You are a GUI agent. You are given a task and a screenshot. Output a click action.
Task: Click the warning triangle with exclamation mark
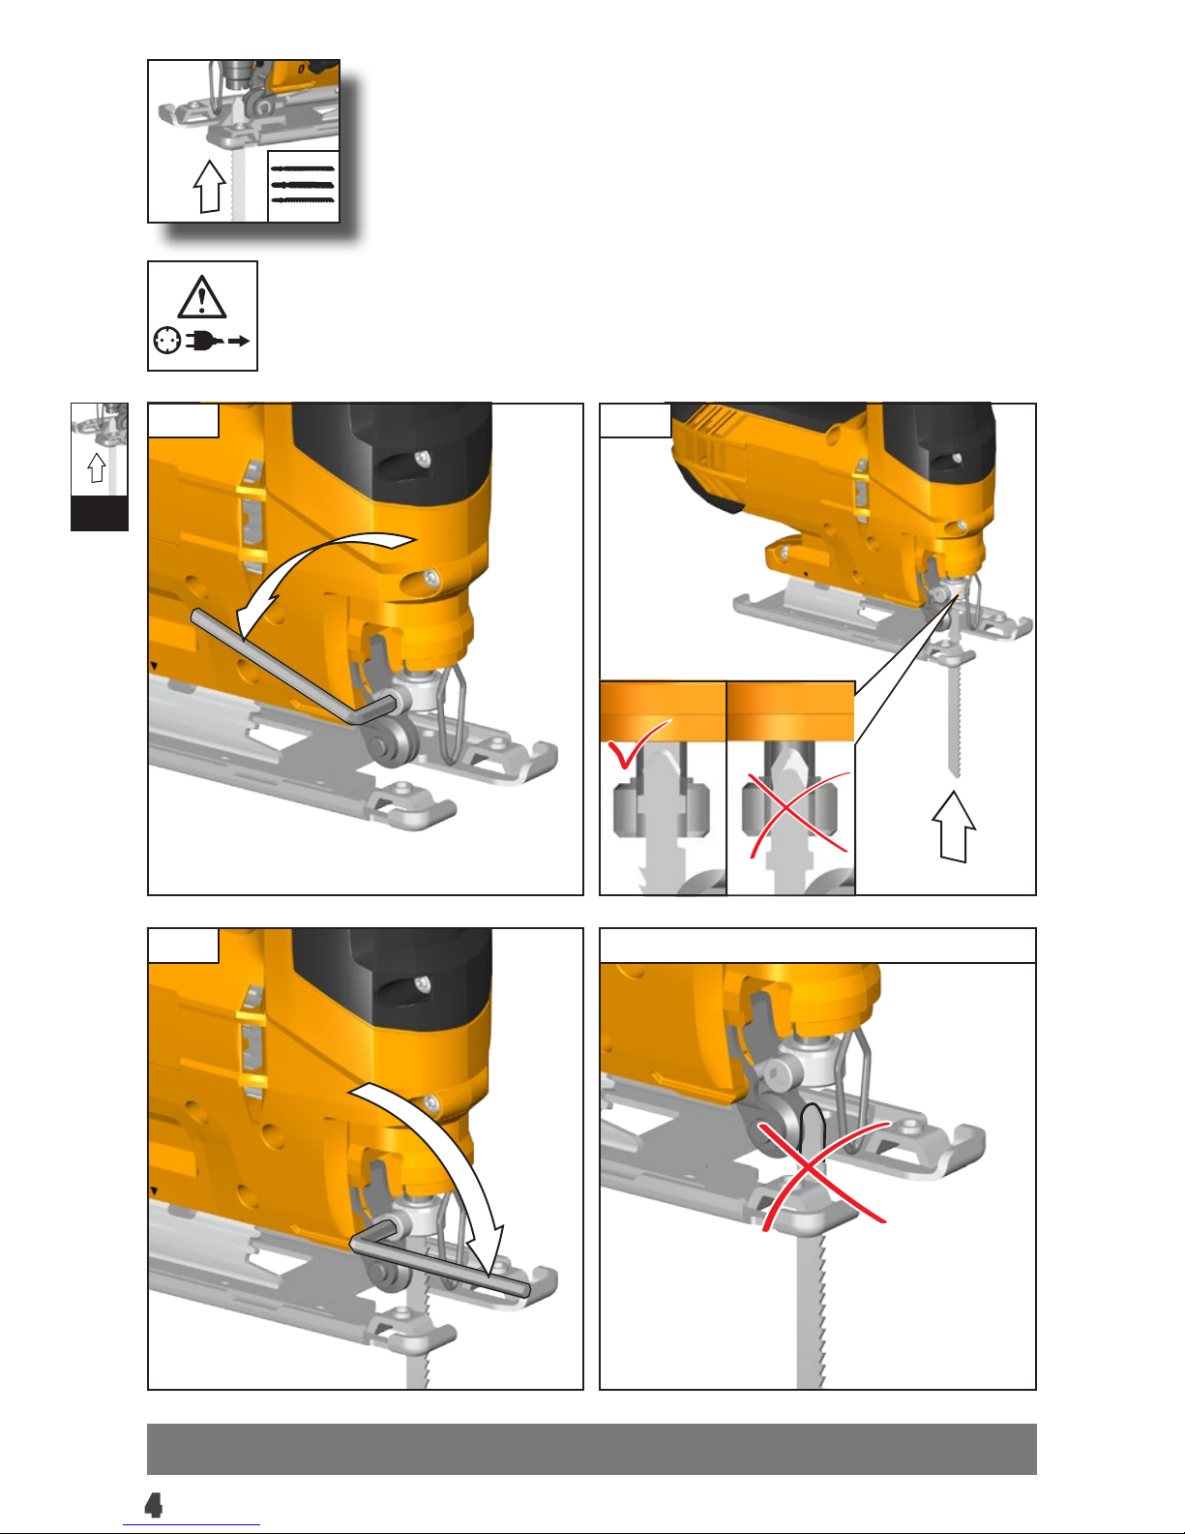202,297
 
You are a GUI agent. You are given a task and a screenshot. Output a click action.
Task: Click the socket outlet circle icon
167,341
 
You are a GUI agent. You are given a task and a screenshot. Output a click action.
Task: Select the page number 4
153,1505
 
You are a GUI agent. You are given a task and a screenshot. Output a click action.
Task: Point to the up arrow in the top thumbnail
210,186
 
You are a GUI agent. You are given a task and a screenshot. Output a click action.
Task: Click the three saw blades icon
304,185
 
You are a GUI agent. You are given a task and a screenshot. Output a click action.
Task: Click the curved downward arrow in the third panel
452,1158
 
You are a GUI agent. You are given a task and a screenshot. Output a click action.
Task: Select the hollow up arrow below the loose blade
954,826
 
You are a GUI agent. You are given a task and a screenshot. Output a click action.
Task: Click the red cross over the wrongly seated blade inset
799,815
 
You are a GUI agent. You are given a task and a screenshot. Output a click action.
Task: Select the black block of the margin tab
100,513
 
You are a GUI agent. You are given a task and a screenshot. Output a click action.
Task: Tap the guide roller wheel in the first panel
388,746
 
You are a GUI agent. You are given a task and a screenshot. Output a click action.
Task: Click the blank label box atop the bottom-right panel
817,946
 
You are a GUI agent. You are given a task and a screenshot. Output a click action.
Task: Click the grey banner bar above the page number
592,1449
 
